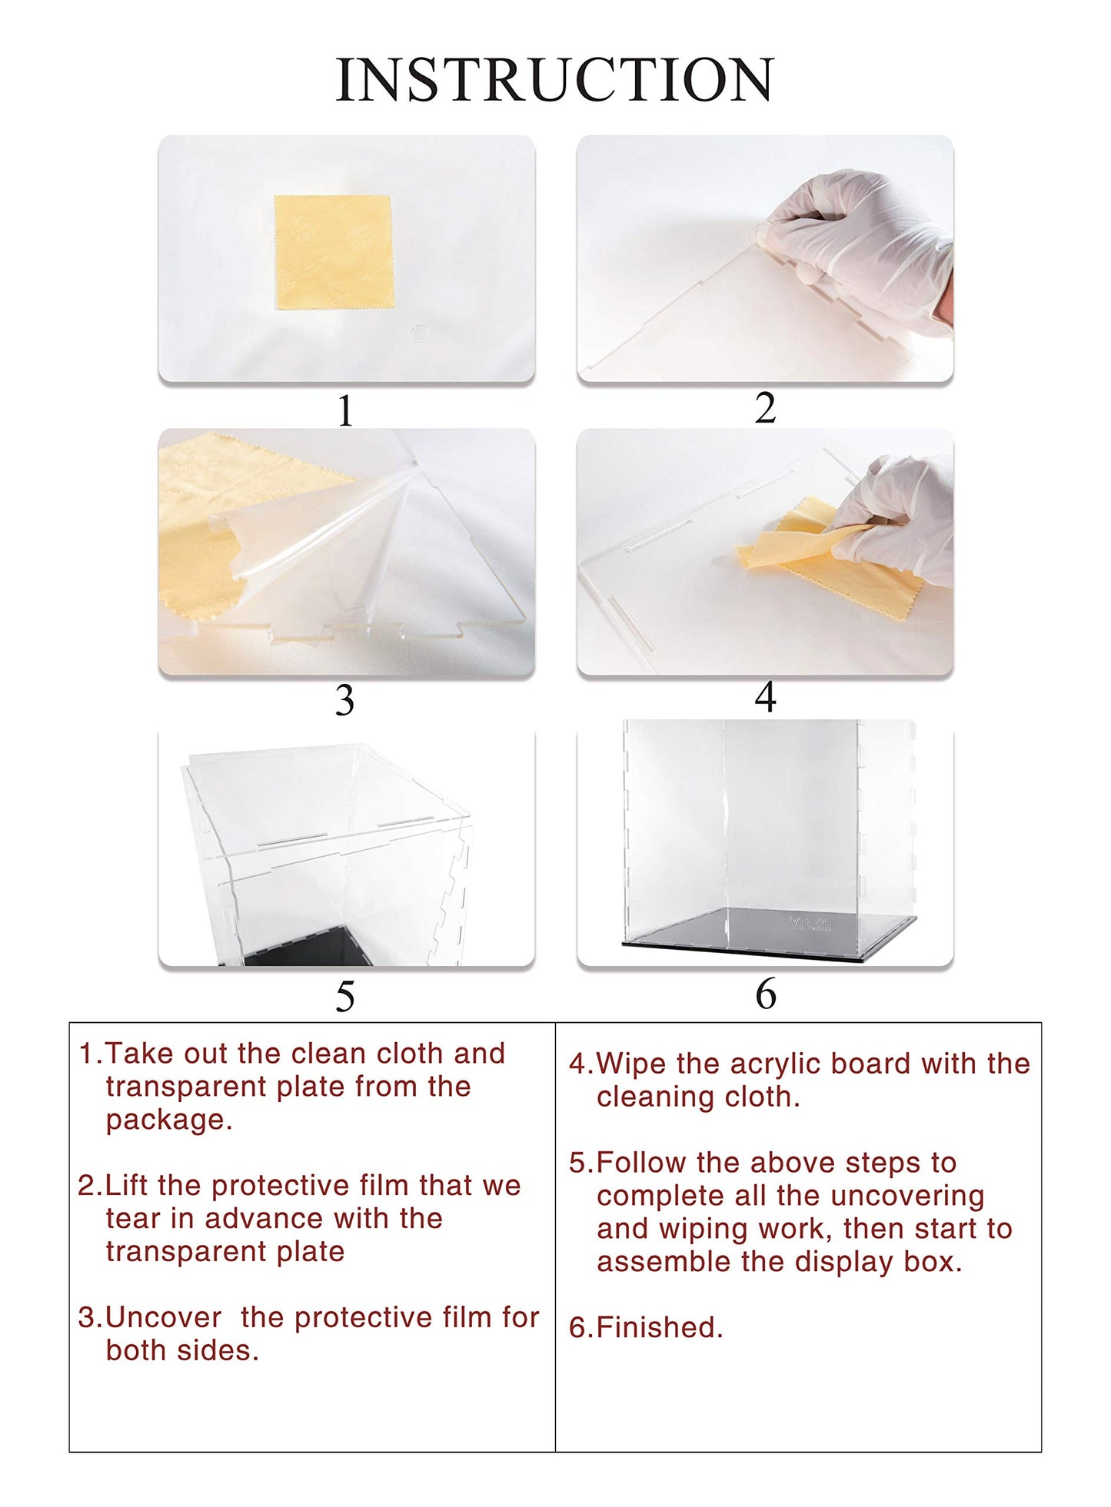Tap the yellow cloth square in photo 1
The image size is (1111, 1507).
[333, 252]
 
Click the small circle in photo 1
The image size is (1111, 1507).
[419, 334]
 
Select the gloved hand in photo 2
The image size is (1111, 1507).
[857, 246]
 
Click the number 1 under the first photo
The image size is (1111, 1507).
[345, 411]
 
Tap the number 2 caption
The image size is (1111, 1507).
[765, 408]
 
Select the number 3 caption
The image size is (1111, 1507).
[344, 700]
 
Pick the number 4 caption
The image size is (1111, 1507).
[765, 698]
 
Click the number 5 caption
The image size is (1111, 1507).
[345, 997]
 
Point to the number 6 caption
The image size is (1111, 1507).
[766, 994]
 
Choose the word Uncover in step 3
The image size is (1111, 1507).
[163, 1317]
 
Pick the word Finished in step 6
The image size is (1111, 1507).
[659, 1327]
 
